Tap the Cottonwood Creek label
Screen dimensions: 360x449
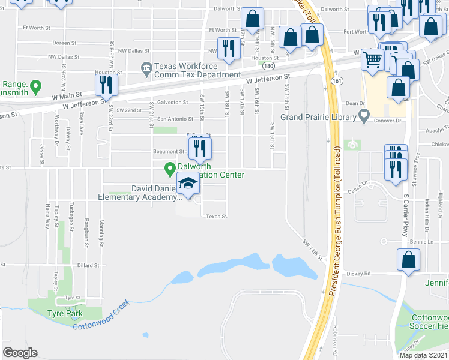click(x=101, y=316)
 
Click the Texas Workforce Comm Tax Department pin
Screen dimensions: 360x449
click(x=146, y=70)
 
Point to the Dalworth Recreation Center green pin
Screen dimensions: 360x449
click(x=170, y=170)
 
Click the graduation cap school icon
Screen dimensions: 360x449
click(x=188, y=184)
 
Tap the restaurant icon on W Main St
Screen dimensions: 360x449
click(x=106, y=85)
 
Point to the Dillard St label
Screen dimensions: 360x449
click(x=88, y=265)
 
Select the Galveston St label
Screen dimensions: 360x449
click(x=172, y=102)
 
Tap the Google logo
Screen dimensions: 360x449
click(x=20, y=352)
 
